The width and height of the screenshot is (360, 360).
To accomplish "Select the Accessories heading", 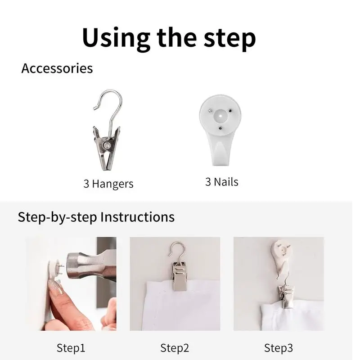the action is click(57, 68).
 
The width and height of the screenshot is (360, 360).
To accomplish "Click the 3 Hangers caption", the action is click(108, 184).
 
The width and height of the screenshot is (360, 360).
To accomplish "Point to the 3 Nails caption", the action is click(222, 182).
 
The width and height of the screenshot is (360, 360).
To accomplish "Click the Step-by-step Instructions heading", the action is click(96, 217).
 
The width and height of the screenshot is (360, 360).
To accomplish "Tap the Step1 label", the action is click(71, 347).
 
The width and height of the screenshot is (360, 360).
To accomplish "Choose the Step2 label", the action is click(175, 347).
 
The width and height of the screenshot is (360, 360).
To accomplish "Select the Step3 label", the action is click(279, 347).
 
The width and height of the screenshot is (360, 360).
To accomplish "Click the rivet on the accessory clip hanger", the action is click(107, 145).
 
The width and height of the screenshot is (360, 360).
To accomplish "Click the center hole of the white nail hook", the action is click(220, 116).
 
